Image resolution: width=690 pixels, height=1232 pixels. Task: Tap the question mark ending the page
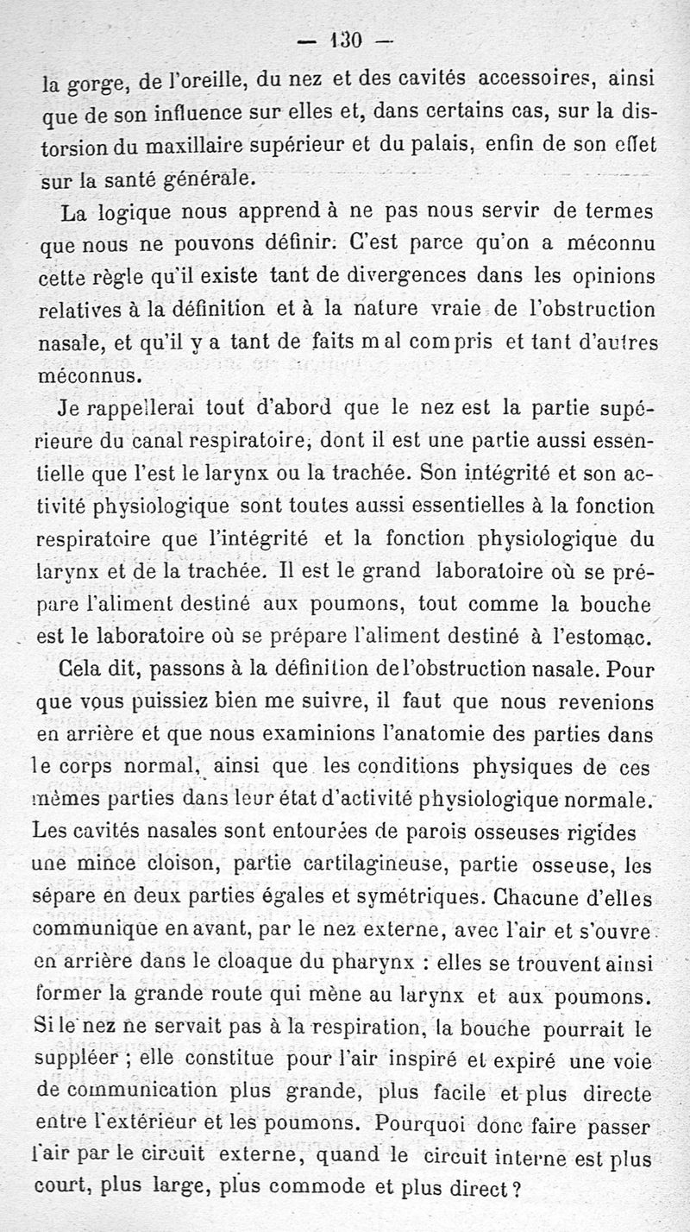click(x=517, y=1186)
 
